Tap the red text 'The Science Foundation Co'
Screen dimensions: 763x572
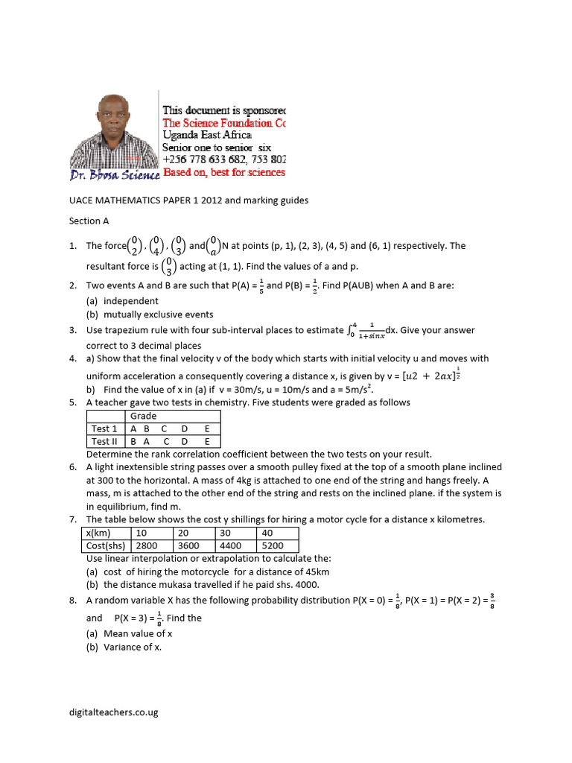(223, 123)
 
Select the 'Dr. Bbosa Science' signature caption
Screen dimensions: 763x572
(115, 175)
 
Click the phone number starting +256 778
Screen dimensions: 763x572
(223, 159)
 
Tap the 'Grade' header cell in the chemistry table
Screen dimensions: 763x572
(144, 416)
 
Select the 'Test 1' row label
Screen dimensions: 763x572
(104, 428)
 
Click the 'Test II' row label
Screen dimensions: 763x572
(105, 441)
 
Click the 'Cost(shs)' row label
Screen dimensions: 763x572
(105, 545)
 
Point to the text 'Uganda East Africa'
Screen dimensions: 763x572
(207, 136)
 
